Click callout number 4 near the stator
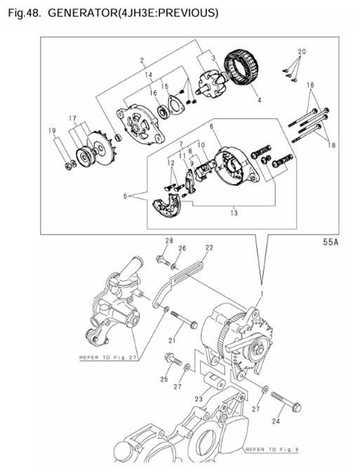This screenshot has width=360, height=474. (259, 101)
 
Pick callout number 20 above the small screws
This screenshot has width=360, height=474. (302, 52)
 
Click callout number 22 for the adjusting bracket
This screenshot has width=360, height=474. (208, 248)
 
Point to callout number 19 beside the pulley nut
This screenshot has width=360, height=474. (51, 131)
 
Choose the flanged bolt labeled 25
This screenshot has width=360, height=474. (169, 361)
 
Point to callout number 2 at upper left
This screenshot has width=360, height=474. (142, 60)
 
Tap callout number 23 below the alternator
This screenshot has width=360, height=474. (198, 398)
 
